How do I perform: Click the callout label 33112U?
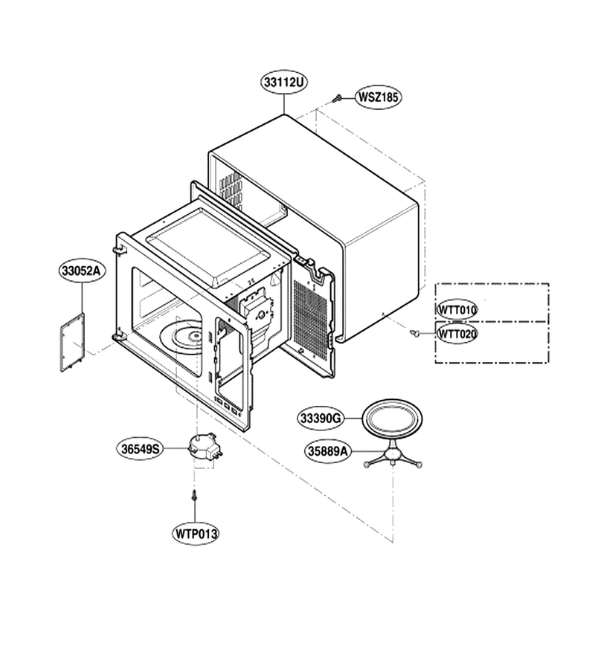(284, 83)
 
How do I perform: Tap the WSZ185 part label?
(378, 97)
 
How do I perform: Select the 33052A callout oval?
(82, 271)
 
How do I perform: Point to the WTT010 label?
(457, 309)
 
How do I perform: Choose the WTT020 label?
(457, 334)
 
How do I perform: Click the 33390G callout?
(321, 418)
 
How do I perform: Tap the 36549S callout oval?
(140, 448)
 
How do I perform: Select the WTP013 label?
(196, 533)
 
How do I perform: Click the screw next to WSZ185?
(337, 99)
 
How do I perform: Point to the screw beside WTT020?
(414, 333)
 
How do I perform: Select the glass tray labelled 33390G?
(392, 418)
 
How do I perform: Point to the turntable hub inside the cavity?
(196, 337)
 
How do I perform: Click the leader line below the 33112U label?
(284, 103)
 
